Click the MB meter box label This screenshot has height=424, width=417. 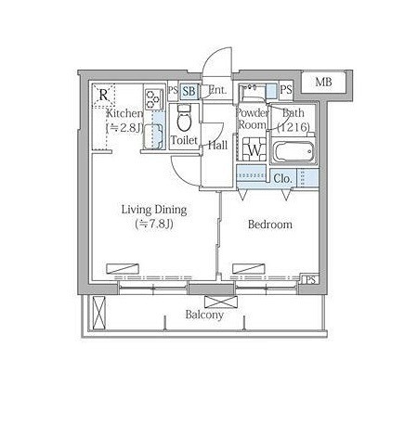click(x=323, y=83)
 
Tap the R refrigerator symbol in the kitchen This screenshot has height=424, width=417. click(x=104, y=95)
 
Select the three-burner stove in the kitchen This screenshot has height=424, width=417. click(x=154, y=99)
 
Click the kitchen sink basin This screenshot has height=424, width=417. click(x=152, y=136)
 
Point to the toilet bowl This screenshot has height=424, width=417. click(x=185, y=120)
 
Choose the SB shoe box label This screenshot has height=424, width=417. click(x=189, y=91)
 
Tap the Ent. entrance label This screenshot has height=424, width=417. click(x=217, y=90)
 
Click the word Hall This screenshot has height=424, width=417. click(x=217, y=145)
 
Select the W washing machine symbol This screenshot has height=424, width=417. click(x=254, y=149)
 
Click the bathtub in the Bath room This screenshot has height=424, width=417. click(x=293, y=152)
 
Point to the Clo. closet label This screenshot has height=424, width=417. click(x=283, y=178)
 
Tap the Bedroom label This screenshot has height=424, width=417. click(x=270, y=225)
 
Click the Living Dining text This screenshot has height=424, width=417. click(x=154, y=210)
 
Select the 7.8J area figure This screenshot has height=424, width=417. click(x=154, y=224)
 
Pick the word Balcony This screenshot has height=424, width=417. click(x=204, y=315)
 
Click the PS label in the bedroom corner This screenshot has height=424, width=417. click(x=310, y=279)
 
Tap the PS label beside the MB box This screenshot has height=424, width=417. click(x=286, y=90)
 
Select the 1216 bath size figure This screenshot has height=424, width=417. click(x=293, y=127)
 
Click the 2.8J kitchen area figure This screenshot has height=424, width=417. click(x=124, y=128)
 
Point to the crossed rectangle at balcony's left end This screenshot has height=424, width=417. click(x=99, y=313)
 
